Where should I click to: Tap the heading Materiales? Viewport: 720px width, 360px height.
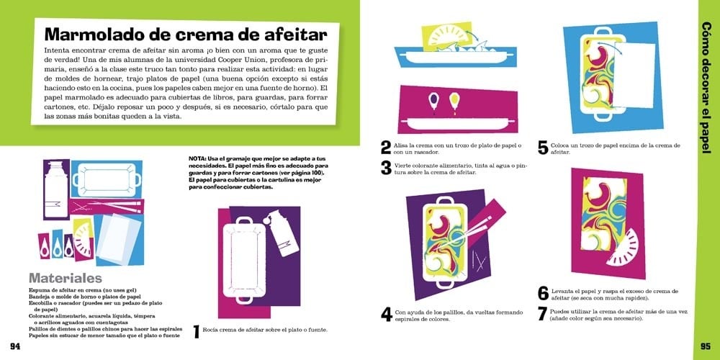click(65, 278)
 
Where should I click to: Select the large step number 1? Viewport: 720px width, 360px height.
click(196, 332)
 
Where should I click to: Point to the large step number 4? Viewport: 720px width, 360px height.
click(387, 314)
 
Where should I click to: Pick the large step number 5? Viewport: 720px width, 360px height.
click(543, 148)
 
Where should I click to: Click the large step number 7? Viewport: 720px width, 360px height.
click(543, 315)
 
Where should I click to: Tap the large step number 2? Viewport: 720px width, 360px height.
click(387, 148)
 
